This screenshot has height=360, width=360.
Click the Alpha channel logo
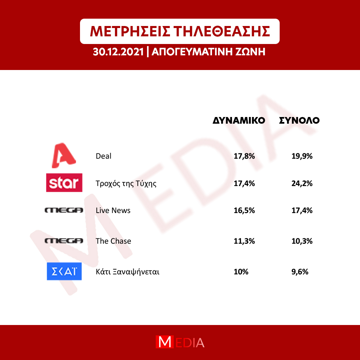coord(64,155)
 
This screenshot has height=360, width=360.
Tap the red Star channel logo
coord(64,183)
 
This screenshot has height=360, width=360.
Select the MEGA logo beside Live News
coord(64,210)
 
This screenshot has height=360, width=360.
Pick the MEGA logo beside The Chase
coord(64,241)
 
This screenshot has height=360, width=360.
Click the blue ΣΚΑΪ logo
coord(64,271)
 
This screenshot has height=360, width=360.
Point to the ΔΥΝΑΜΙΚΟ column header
coord(239,121)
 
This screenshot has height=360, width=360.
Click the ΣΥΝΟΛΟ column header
coord(299,121)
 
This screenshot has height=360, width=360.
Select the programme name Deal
coord(104,156)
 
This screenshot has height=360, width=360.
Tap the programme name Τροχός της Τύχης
coord(126,184)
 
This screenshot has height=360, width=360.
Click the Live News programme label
coord(113,211)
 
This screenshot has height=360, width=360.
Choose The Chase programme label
coord(113,241)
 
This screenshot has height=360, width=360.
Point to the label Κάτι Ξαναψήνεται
coord(127,272)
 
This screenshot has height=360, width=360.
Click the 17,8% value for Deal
coord(244,156)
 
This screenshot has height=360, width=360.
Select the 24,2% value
coord(302,183)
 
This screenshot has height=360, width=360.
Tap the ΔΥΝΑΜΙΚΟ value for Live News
coord(244,211)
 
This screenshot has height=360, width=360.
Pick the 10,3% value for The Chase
coord(302,241)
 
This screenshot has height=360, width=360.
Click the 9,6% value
coord(300,272)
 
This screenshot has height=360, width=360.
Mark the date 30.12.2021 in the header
coord(118,52)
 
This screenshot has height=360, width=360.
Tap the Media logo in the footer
coord(180,342)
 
